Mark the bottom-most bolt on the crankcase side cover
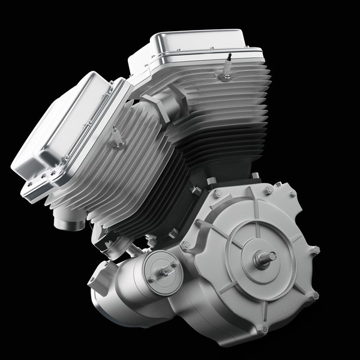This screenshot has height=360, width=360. point(262,329)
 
